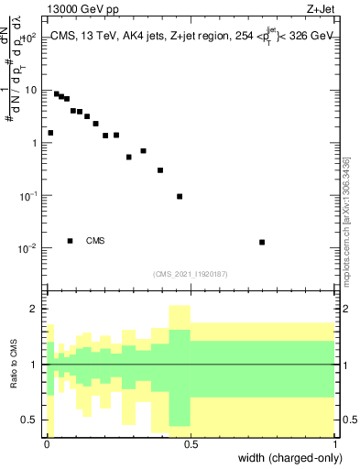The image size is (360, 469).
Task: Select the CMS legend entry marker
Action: (x=70, y=241)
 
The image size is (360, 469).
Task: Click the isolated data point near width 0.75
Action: (x=262, y=242)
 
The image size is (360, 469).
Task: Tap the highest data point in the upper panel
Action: (x=56, y=93)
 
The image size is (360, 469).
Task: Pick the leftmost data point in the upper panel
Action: (x=50, y=133)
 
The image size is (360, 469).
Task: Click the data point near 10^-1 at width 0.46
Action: (x=180, y=196)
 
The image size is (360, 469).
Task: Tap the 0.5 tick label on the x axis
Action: (x=191, y=443)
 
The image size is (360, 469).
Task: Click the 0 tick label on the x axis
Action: (x=47, y=443)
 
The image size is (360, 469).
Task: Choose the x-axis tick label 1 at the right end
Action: (x=334, y=443)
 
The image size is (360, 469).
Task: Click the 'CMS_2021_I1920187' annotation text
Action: (x=191, y=273)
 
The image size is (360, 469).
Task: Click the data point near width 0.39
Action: (x=160, y=170)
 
